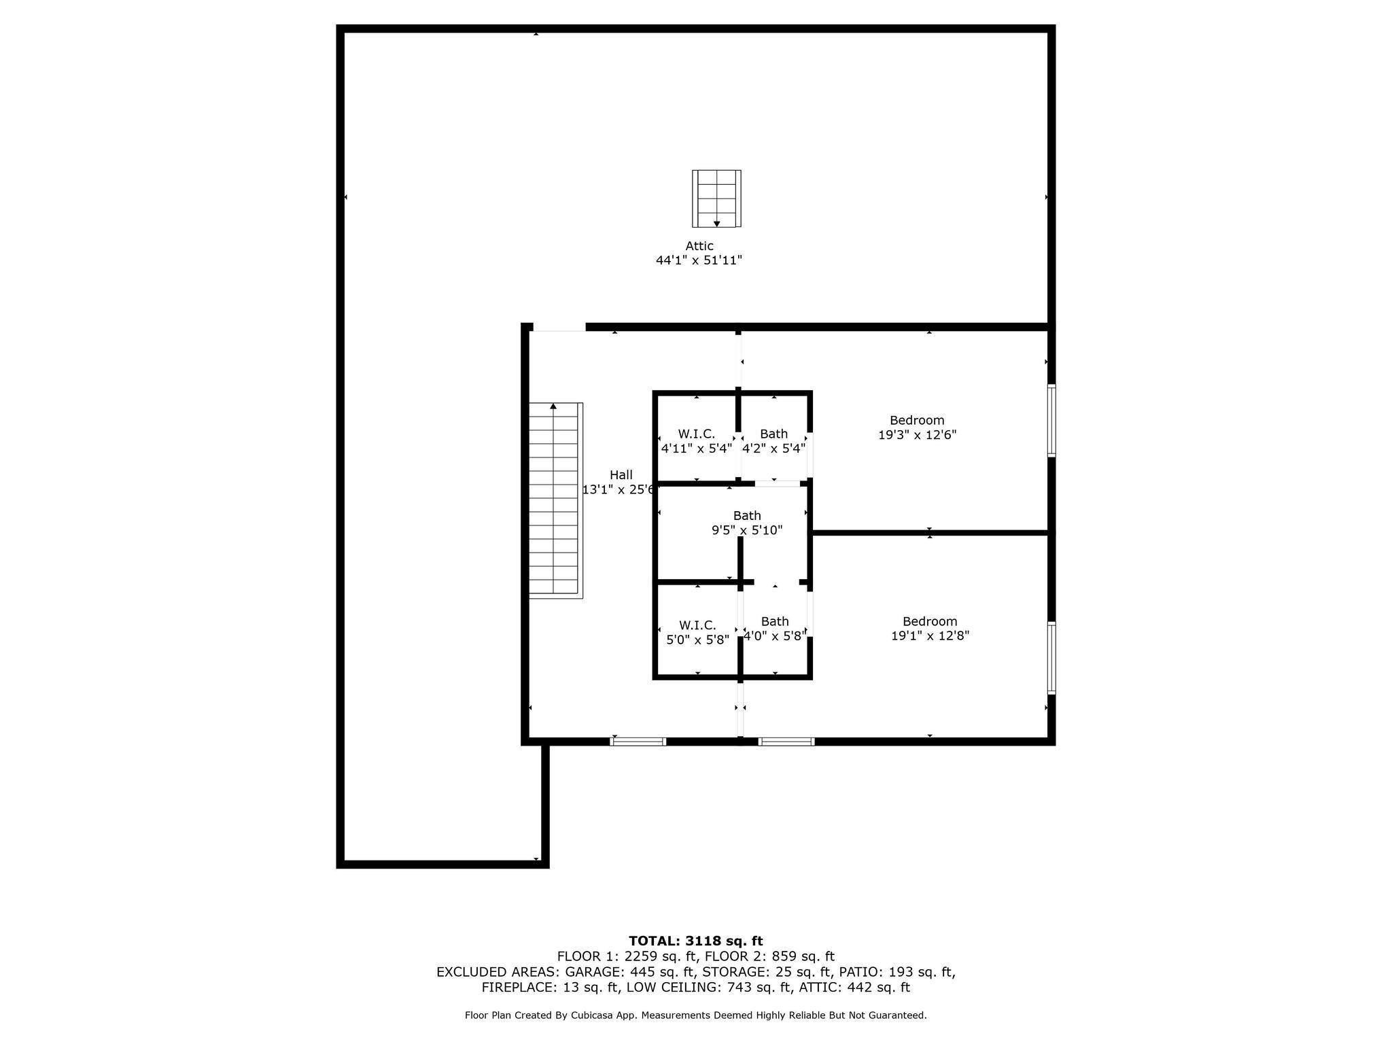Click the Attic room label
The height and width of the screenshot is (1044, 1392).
coord(699,246)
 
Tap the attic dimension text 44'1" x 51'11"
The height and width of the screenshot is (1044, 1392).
coord(699,260)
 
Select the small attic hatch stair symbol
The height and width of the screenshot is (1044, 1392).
coord(716,198)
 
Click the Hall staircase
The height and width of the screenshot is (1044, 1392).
coord(556,500)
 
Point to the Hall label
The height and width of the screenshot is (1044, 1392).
coord(621,475)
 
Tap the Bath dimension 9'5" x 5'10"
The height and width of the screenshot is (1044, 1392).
coord(747,530)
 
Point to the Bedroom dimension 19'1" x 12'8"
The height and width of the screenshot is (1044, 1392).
coord(930,636)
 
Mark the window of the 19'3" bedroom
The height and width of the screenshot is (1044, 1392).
coord(1051,420)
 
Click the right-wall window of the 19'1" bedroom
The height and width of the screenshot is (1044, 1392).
coord(1051,657)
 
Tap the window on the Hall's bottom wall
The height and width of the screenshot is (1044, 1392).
coord(638,742)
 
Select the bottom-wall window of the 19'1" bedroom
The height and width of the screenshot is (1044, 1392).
coord(786,742)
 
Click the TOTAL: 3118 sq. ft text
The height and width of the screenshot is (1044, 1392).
coord(696,941)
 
